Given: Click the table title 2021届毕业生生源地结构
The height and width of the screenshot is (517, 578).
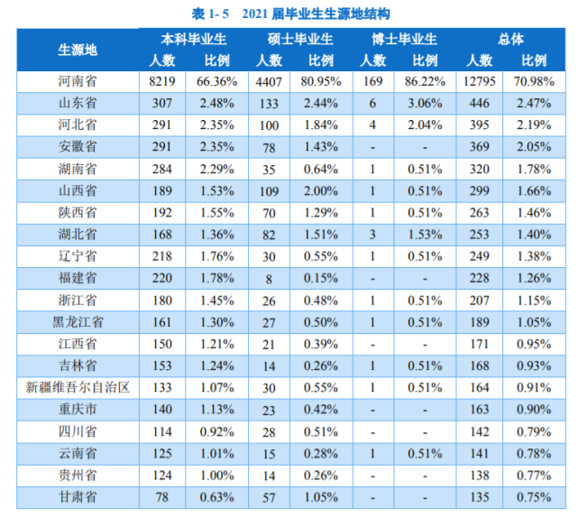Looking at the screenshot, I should click(289, 13).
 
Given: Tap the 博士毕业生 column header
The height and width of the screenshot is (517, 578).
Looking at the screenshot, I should click(405, 40).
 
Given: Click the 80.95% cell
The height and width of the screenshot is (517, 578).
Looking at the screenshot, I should click(322, 80).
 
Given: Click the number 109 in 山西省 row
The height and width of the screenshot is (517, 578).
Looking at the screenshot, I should click(268, 190).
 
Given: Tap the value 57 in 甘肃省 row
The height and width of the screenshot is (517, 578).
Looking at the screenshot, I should click(268, 496).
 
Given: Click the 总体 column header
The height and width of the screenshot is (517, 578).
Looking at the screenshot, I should click(510, 40).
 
